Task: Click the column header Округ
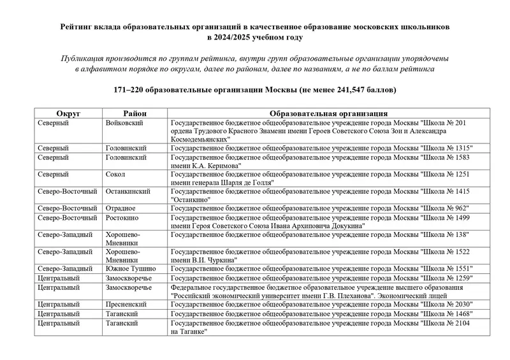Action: pos(68,113)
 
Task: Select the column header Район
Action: pos(134,113)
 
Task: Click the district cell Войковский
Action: pos(124,122)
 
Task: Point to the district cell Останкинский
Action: pos(128,191)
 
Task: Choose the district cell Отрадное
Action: pos(120,208)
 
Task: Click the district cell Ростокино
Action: pos(122,217)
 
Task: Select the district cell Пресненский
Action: pos(127,305)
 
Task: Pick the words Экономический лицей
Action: pos(405,296)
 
